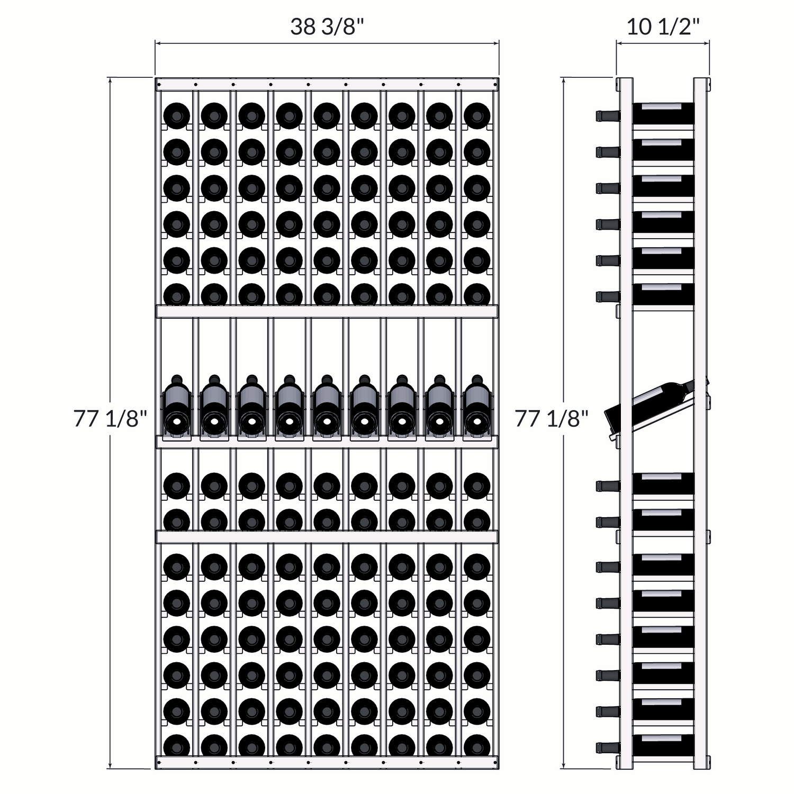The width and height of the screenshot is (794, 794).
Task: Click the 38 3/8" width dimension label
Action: coord(327,26)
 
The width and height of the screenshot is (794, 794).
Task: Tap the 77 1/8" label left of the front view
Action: coord(110,419)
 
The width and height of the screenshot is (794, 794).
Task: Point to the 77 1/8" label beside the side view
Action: coord(552,419)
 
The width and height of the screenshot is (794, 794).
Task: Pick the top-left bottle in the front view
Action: coord(176,115)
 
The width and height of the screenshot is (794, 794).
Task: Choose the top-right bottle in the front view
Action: coord(476,115)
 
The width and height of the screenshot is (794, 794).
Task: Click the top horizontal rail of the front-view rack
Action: coord(327,84)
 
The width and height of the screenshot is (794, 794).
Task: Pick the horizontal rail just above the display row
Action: coord(327,311)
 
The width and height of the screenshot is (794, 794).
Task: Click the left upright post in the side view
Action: coord(625,423)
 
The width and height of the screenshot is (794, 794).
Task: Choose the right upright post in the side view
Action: coord(701,423)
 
